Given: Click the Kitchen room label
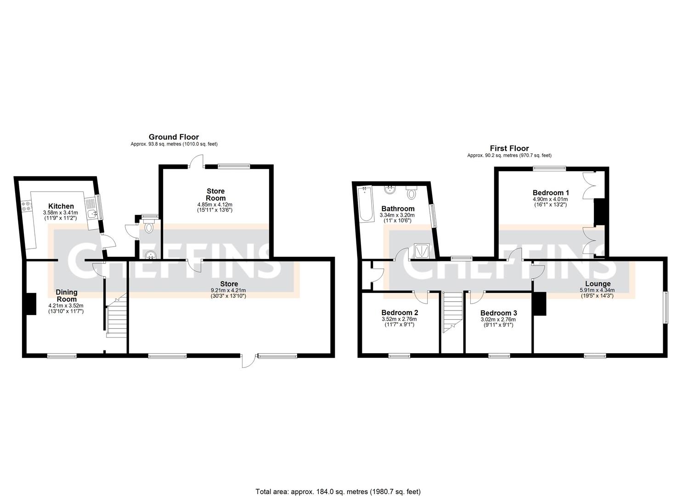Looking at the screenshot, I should tap(61, 206).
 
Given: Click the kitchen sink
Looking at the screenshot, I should tap(92, 212).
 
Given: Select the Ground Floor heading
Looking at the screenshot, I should tap(174, 137).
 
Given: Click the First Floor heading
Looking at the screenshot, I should tap(509, 148).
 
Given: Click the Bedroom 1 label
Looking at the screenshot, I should tap(551, 192).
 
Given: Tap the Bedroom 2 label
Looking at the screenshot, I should tap(400, 313).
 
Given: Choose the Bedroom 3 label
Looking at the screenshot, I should tap(498, 313).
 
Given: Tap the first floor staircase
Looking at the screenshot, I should tap(453, 312).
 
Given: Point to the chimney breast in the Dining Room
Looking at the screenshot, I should tap(31, 304).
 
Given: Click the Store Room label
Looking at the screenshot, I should tap(215, 194).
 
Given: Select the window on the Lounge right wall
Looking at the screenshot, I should tap(665, 308).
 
